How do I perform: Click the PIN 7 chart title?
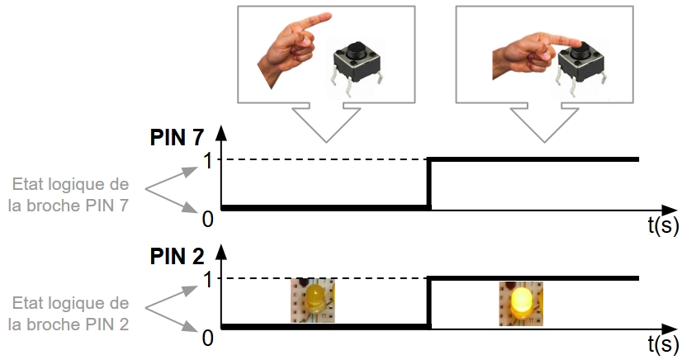click(178, 137)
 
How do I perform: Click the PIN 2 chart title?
click(178, 256)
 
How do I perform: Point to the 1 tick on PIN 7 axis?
click(208, 160)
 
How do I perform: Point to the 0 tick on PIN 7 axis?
click(208, 218)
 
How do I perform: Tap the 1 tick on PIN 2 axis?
click(208, 279)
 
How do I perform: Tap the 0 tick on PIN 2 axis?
click(208, 338)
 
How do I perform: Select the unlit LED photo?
click(313, 300)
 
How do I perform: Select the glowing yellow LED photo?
click(521, 302)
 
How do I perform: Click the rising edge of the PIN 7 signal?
click(429, 183)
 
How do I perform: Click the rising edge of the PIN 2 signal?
click(429, 303)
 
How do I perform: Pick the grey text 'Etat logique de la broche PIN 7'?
click(68, 195)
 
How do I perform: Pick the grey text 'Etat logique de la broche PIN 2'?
click(68, 313)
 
